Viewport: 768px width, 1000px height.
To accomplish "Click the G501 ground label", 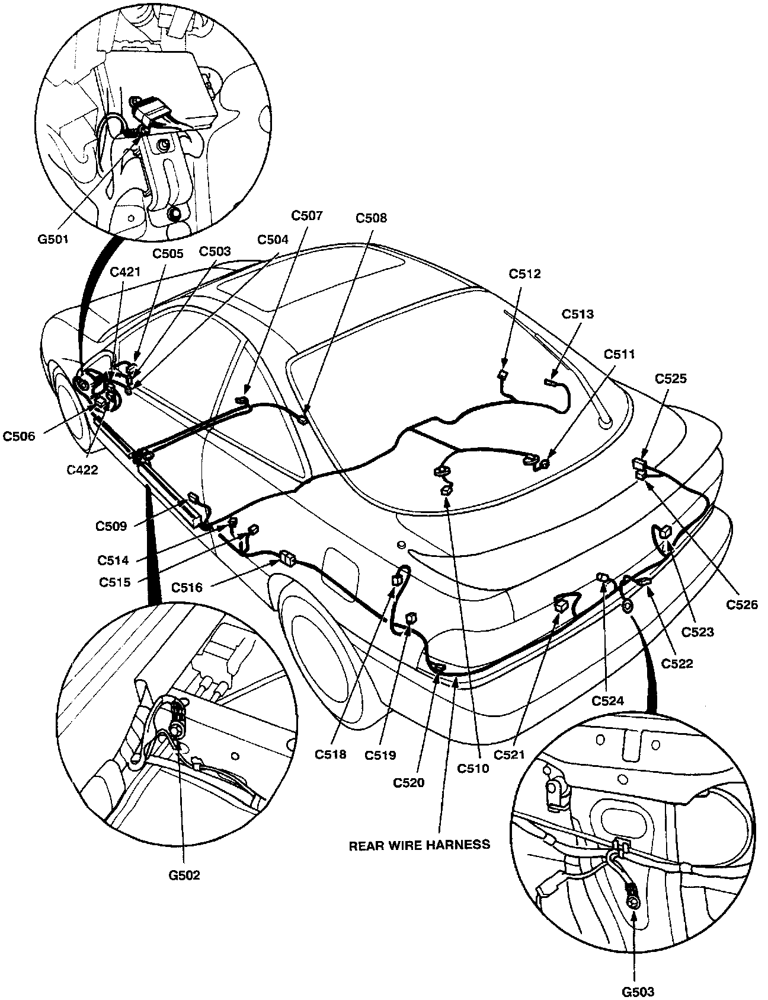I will pos(53,240).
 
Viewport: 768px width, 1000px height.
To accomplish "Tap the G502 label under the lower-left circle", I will pos(184,875).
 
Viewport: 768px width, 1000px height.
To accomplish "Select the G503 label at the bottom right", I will pos(637,991).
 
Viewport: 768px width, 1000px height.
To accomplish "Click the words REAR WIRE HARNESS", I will pos(420,844).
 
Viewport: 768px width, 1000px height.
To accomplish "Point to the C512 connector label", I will pos(524,274).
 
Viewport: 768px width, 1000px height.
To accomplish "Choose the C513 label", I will pos(577,314).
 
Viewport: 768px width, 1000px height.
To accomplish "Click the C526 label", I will pos(741,605).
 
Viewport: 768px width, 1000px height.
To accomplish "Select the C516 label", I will pos(187,588).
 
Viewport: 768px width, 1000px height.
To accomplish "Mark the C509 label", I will pos(111,526).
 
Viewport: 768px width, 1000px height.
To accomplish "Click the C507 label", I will pos(307,216).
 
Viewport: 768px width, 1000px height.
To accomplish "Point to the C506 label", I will pos(20,437).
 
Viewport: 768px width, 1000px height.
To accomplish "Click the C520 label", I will pos(409,782).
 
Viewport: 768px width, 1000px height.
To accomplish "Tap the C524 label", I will pos(608,701).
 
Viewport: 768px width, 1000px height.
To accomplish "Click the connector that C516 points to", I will pos(287,558).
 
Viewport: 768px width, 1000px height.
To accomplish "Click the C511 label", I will pos(619,354).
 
